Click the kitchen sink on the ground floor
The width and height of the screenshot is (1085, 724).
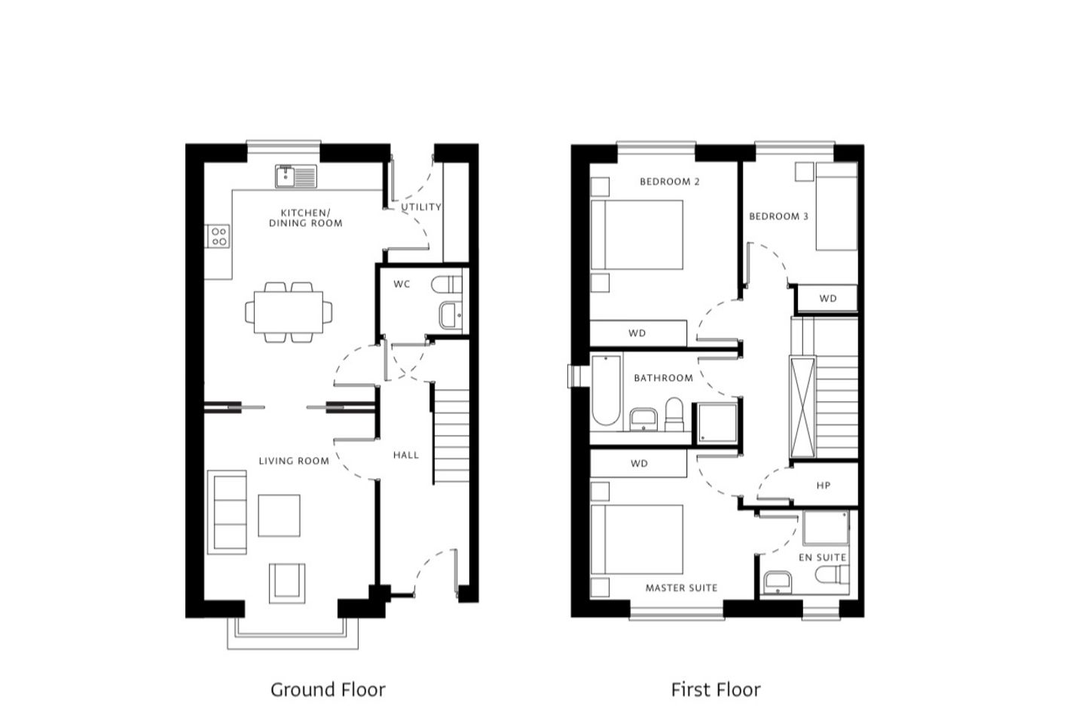click(296, 176)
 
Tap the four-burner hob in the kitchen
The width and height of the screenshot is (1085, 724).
click(219, 236)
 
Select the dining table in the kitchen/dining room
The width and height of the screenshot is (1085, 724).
click(288, 311)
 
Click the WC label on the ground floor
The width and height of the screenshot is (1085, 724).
click(402, 284)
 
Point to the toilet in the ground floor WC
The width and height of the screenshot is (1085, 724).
click(447, 284)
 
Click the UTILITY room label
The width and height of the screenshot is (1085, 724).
click(421, 207)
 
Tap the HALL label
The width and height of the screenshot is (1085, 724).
click(406, 455)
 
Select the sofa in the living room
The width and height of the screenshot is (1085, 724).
click(228, 512)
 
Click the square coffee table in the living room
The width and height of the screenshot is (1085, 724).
click(279, 516)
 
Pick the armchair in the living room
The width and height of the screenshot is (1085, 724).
click(287, 583)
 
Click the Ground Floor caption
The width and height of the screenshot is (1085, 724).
click(328, 689)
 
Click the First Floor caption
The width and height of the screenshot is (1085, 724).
click(716, 689)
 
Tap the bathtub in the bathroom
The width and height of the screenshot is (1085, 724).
click(606, 391)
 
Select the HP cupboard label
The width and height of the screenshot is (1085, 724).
click(824, 486)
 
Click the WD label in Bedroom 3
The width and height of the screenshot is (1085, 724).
click(828, 299)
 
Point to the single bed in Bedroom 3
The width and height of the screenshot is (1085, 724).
click(836, 207)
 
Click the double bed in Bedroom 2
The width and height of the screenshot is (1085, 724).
click(637, 235)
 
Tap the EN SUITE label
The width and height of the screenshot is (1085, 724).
click(823, 557)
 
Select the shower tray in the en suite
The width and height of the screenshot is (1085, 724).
click(826, 528)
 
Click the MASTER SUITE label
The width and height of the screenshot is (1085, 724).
click(681, 588)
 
